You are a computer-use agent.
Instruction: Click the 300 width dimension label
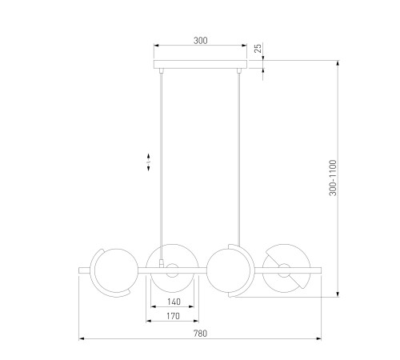click(201, 41)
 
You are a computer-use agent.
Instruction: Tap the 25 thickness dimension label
click(258, 48)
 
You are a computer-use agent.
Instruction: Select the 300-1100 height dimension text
click(333, 178)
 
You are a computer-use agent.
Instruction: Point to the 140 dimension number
click(174, 302)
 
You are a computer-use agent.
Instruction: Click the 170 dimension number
click(173, 316)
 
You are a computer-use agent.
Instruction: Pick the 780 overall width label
click(200, 334)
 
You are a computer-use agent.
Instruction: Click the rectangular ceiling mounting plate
click(200, 64)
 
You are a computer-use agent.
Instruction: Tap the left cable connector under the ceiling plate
click(161, 70)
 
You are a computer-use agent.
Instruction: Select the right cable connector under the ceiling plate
click(239, 70)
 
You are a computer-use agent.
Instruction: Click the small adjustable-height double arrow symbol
click(149, 162)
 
